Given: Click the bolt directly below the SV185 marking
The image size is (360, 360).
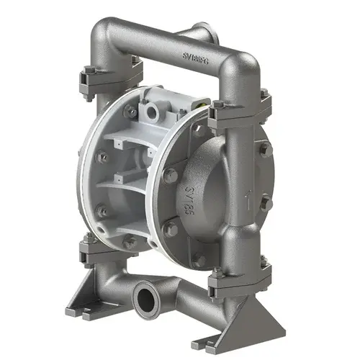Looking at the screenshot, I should [172, 229].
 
